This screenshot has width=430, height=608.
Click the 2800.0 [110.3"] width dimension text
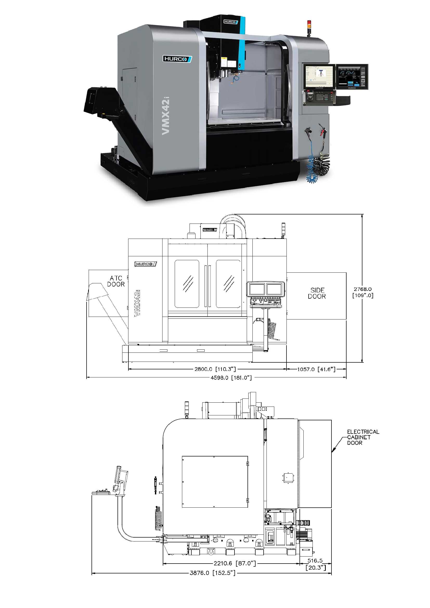(x=215, y=369)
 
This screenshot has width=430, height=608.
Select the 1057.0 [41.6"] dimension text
(x=316, y=369)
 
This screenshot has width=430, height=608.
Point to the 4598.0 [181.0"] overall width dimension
(x=231, y=378)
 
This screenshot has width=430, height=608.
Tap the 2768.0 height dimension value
(x=362, y=289)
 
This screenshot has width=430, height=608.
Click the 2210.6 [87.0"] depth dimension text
(x=235, y=563)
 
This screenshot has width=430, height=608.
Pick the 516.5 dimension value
(x=315, y=561)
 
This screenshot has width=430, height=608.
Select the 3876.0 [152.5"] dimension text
(x=213, y=573)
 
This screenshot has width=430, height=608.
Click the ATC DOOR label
(x=116, y=281)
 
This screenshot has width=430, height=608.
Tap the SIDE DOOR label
(x=317, y=293)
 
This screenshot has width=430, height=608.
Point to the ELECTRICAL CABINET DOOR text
(x=363, y=437)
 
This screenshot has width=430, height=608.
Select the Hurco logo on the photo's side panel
(x=177, y=59)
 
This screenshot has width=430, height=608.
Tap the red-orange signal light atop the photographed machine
(x=309, y=24)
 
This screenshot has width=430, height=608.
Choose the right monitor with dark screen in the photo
(x=352, y=76)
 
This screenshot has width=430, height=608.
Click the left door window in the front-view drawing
(x=187, y=284)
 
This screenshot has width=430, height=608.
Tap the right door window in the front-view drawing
(x=229, y=284)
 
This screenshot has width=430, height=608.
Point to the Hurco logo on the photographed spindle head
(x=230, y=22)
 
